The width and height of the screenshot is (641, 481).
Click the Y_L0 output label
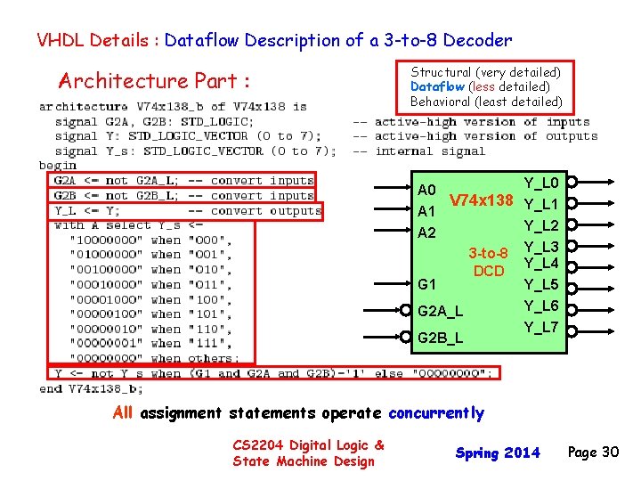pyautogui.click(x=541, y=183)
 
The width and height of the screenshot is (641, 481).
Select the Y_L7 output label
pyautogui.click(x=541, y=328)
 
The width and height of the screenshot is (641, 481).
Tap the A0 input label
pyautogui.click(x=426, y=190)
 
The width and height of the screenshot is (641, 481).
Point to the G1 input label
pyautogui.click(x=426, y=284)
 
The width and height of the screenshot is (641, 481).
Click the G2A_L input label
pyautogui.click(x=440, y=312)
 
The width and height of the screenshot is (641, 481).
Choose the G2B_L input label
pyautogui.click(x=440, y=338)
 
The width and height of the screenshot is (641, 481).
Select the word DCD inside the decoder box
pyautogui.click(x=489, y=271)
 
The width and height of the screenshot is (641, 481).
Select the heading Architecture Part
pyautogui.click(x=152, y=81)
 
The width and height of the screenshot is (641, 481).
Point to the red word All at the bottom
pyautogui.click(x=124, y=412)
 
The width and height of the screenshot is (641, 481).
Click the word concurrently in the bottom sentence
pyautogui.click(x=434, y=413)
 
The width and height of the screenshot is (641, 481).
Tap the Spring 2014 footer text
pyautogui.click(x=498, y=453)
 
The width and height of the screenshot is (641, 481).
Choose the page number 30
pyautogui.click(x=609, y=452)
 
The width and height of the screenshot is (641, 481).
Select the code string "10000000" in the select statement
pyautogui.click(x=99, y=240)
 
